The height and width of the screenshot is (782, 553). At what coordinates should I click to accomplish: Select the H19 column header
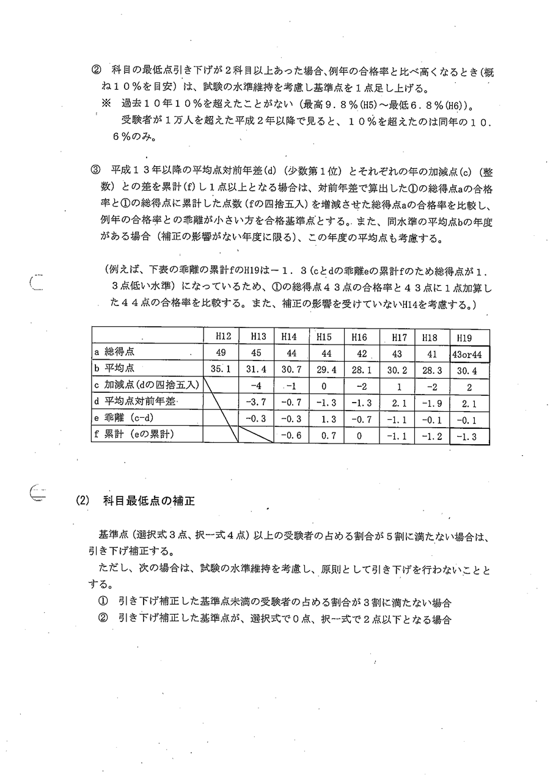coord(469,336)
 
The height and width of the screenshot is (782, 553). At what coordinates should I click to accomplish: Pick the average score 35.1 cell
coord(220,369)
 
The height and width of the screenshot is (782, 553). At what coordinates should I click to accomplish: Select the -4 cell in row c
coord(256,386)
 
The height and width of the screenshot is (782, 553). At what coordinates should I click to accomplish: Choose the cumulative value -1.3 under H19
coord(469,436)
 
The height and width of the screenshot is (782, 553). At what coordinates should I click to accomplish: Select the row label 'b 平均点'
coord(115,369)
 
